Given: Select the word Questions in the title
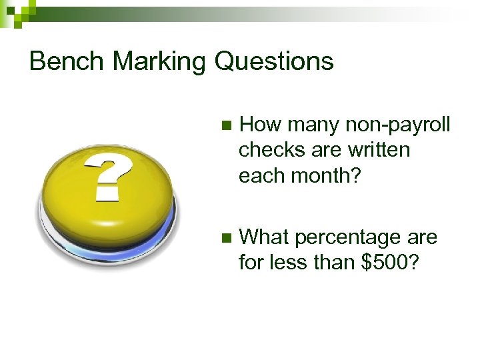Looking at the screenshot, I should tap(274, 61).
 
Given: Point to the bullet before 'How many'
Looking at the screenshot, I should tap(225, 125).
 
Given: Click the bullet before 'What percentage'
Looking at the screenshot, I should tap(225, 237).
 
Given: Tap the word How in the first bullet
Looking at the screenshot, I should tap(259, 124).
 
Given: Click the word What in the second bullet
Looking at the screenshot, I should tap(264, 237).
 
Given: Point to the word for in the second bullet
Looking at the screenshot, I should tap(251, 263).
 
